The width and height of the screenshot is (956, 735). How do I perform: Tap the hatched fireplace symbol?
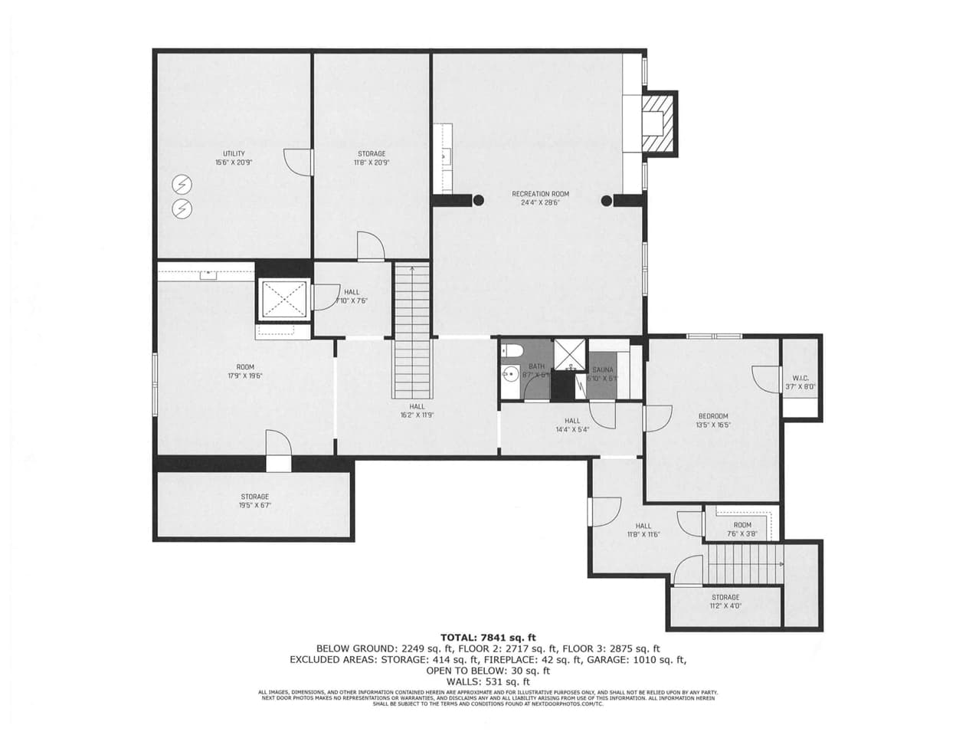coord(659,123)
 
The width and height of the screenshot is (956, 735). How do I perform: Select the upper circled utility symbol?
coord(182,184)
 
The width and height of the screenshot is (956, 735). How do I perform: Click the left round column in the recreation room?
coord(479,201)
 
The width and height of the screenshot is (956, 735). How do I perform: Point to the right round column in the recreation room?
coord(607,201)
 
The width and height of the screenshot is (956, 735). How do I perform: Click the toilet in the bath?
coord(514,351)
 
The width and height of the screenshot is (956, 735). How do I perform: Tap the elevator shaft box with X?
coord(284,299)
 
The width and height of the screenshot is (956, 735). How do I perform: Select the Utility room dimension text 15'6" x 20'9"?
coord(234,162)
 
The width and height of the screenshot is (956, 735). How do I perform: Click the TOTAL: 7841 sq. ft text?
coord(488,637)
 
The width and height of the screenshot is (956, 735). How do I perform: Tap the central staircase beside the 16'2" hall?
coord(412,330)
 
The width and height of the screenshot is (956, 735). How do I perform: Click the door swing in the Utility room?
coord(297,161)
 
